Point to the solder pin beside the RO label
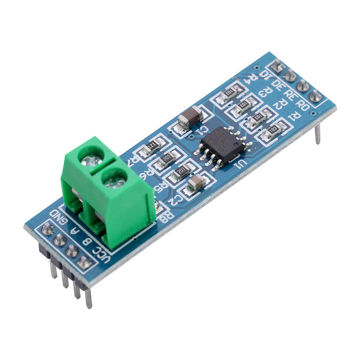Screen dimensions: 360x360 tap(315, 95)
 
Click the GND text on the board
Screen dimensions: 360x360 tap(60, 216)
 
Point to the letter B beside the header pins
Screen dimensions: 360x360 tap(87, 241)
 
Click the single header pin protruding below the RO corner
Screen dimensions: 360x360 tap(318, 135)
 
